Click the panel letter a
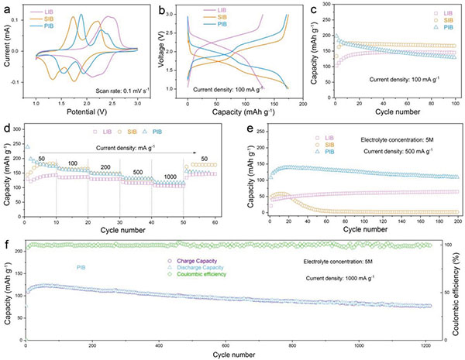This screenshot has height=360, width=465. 6,9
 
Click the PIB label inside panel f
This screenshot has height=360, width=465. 81,269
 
